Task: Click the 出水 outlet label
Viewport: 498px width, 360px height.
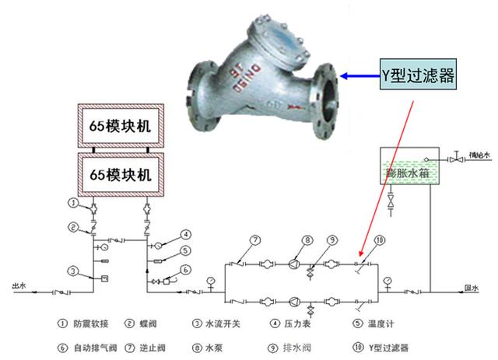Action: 19,287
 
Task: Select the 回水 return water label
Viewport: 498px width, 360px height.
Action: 471,287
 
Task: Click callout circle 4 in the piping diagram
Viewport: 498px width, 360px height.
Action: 187,234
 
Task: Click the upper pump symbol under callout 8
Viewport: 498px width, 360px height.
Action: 296,264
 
